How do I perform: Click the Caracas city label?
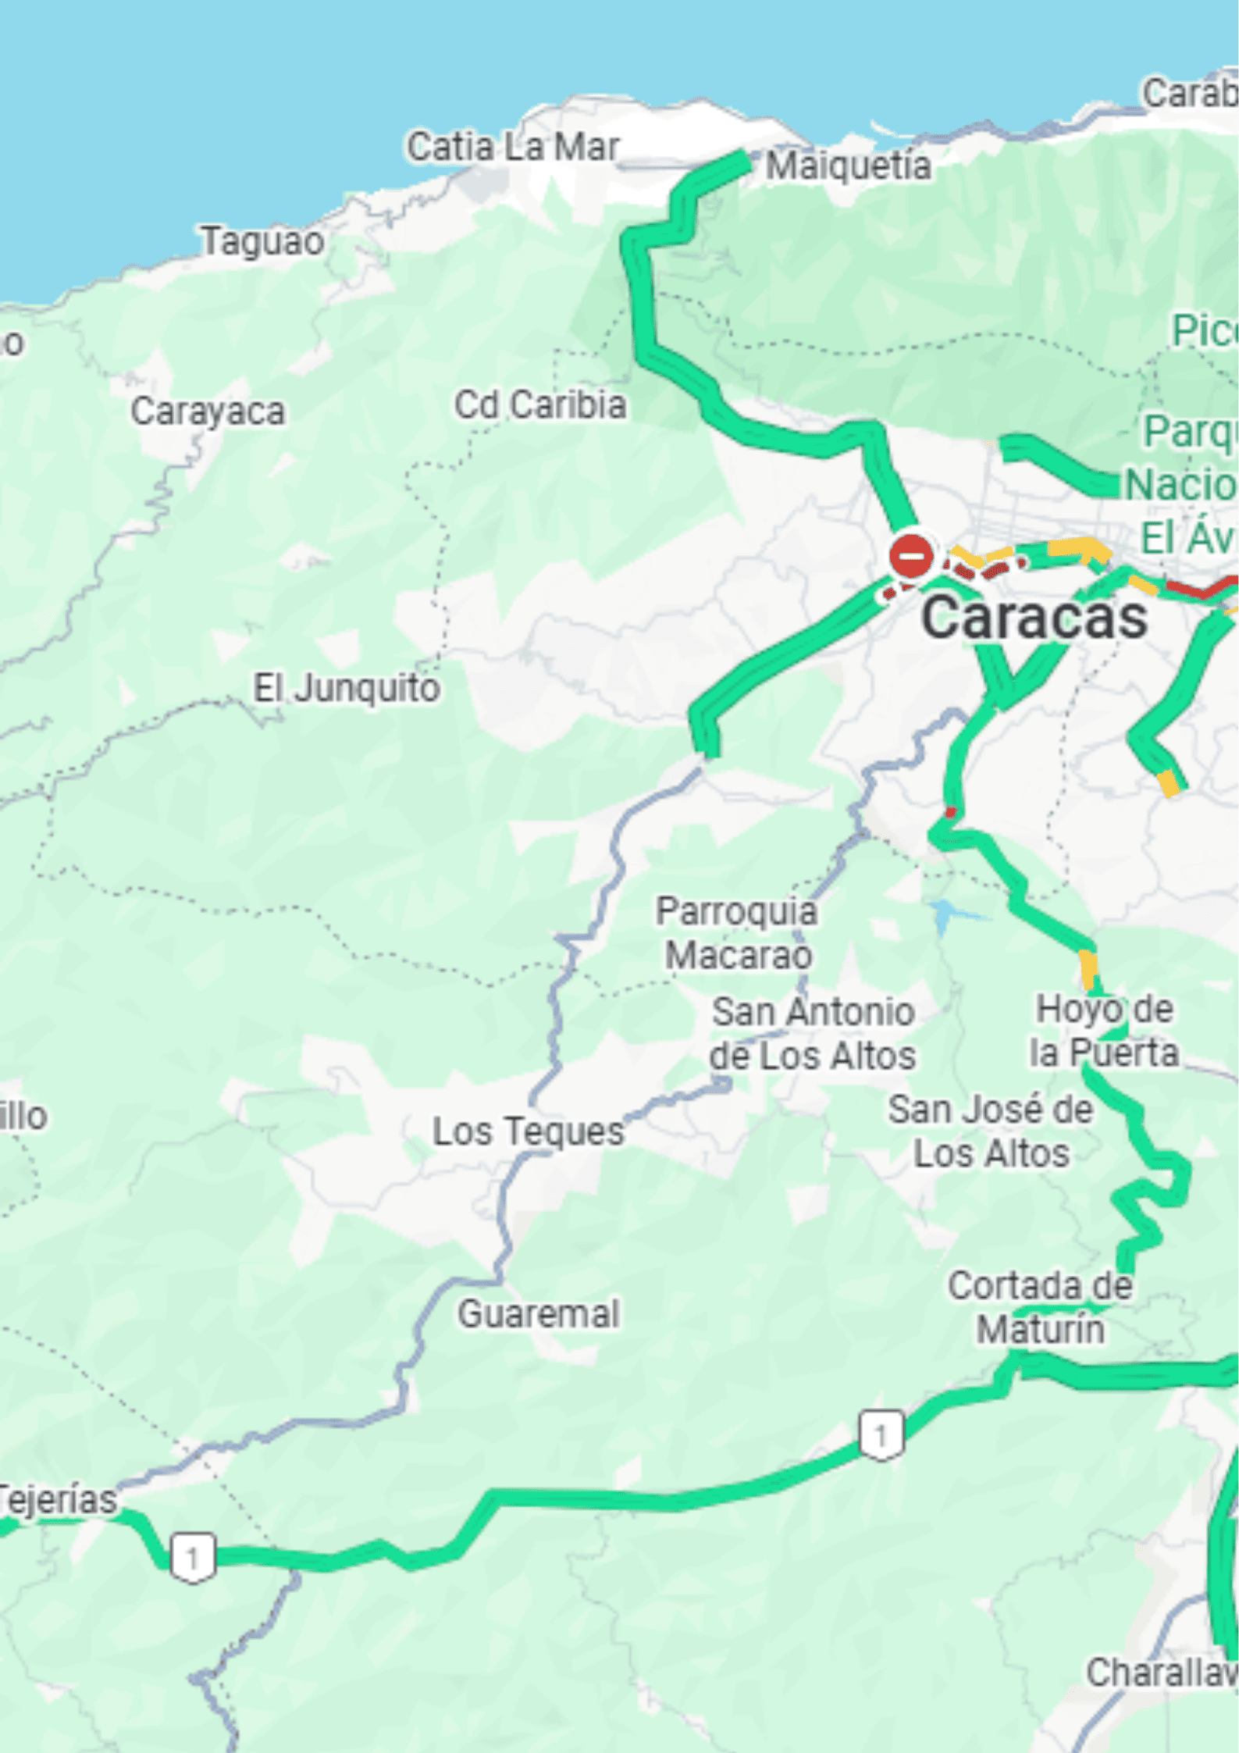coord(1034,617)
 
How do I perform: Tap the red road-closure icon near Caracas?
coord(911,556)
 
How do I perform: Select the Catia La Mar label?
coord(512,147)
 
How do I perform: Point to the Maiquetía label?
coord(848,166)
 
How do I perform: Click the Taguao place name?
coord(262,241)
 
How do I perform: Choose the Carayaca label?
coord(207,412)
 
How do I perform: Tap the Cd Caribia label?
coord(540,404)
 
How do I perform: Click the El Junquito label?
coord(346,688)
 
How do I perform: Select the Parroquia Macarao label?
coord(737,933)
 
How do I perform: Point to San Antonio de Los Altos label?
coord(812,1033)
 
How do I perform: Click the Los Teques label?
coord(528,1131)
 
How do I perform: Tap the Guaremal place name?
coord(539,1313)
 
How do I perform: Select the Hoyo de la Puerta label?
coord(1103,1030)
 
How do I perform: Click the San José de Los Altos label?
coord(990,1131)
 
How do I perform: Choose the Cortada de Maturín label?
coord(1040,1307)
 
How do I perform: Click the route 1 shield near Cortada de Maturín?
coord(881,1434)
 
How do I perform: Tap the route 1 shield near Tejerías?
coord(192,1558)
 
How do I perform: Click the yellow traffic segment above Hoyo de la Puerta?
coord(1088,968)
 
